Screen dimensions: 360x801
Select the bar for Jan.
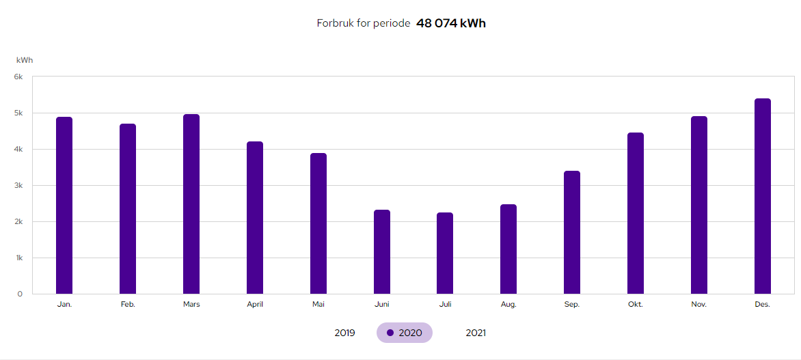[64, 205]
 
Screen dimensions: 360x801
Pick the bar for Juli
[445, 253]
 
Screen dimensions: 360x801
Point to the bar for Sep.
[572, 232]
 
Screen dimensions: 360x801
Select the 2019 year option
[344, 333]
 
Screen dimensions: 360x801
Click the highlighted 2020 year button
[405, 333]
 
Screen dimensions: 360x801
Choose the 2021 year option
[476, 333]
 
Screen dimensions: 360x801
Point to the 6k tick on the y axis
[18, 77]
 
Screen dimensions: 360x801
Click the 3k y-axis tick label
[18, 185]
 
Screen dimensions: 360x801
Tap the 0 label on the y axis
[20, 294]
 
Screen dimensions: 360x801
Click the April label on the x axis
[255, 305]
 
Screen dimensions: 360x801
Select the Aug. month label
[508, 305]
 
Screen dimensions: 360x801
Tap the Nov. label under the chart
[699, 305]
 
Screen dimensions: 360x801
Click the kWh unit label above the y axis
[25, 60]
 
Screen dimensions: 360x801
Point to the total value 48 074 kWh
[451, 23]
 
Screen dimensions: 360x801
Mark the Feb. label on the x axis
[128, 305]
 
